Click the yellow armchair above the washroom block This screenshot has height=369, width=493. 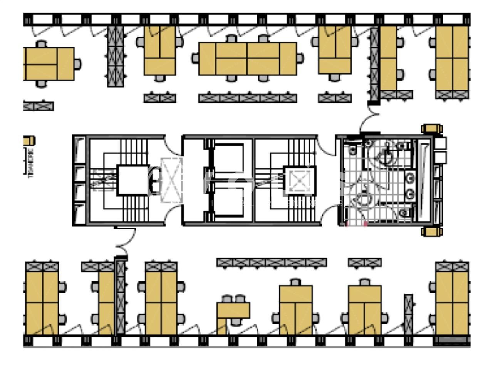click(x=432, y=128)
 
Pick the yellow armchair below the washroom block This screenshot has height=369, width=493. click(x=432, y=231)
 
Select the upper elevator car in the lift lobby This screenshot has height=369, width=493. click(x=229, y=158)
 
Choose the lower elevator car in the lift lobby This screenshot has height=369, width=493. click(x=229, y=203)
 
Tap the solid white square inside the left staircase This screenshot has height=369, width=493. click(x=132, y=180)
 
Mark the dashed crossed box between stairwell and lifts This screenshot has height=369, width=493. click(x=171, y=180)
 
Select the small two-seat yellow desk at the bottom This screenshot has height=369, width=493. click(x=233, y=310)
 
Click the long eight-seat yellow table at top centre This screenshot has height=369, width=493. click(x=247, y=59)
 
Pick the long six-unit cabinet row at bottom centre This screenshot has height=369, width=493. click(x=272, y=263)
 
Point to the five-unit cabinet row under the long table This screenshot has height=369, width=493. click(x=248, y=98)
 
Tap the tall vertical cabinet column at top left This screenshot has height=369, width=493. click(x=115, y=56)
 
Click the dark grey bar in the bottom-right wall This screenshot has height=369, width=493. click(x=452, y=340)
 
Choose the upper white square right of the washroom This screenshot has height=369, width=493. click(x=440, y=143)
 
